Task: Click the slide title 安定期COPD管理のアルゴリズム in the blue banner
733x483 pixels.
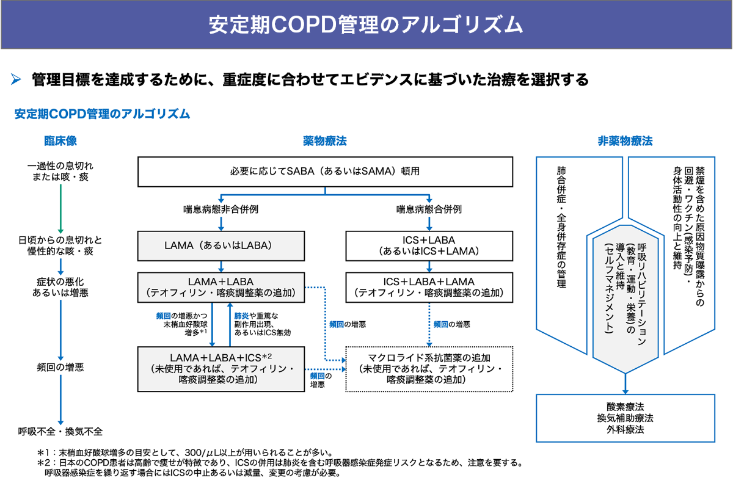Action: click(x=366, y=25)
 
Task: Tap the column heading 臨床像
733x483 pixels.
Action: click(x=60, y=141)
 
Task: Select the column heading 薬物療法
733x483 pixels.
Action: click(x=324, y=141)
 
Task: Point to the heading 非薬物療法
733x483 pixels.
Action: click(x=625, y=141)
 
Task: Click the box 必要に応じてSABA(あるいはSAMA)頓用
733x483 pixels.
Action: click(x=324, y=172)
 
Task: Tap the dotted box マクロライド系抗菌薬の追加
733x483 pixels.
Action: click(x=429, y=369)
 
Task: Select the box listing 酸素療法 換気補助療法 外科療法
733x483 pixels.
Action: click(x=625, y=418)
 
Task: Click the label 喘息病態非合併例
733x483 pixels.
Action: click(x=221, y=209)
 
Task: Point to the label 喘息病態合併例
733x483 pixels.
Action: click(x=429, y=209)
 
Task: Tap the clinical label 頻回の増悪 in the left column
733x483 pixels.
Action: click(x=60, y=368)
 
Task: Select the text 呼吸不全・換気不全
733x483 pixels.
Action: click(x=60, y=432)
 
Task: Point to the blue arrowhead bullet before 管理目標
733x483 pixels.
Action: click(x=16, y=79)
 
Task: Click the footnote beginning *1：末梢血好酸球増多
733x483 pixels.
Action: click(x=183, y=453)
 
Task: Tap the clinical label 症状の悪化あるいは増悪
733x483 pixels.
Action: click(x=60, y=287)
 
